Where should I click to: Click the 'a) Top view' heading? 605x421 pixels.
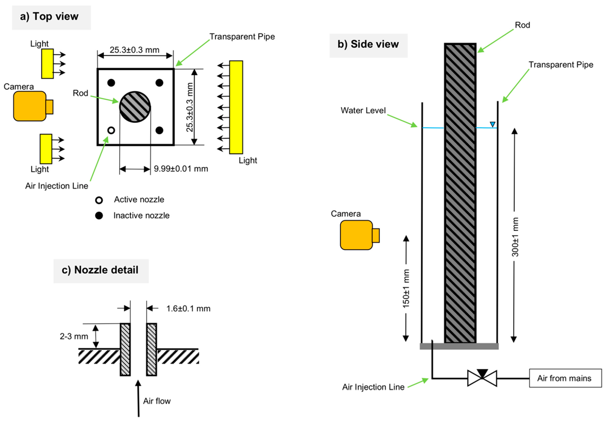[49, 17]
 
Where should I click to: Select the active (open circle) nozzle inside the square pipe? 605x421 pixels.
[111, 130]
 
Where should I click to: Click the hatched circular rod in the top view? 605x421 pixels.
[135, 107]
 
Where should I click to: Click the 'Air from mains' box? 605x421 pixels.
[565, 378]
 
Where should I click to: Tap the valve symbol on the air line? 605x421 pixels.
[482, 378]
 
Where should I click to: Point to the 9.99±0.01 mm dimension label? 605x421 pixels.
[181, 169]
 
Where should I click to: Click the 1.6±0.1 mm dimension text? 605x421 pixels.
[188, 308]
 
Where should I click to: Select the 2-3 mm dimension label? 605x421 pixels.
[74, 336]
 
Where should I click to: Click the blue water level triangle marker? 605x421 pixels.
[492, 124]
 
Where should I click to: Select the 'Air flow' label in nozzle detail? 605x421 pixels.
[157, 401]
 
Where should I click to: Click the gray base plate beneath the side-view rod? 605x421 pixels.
[459, 346]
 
